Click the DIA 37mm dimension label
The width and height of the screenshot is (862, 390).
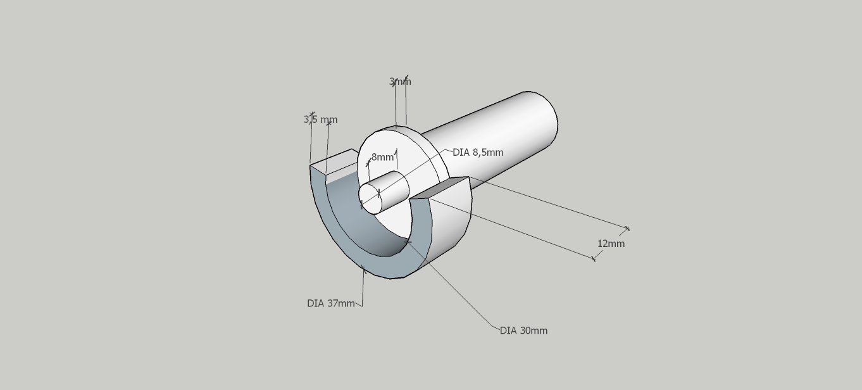tap(330, 303)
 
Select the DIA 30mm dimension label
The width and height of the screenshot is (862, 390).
tap(523, 330)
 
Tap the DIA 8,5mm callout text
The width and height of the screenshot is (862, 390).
tap(478, 153)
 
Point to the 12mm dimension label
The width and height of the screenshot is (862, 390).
tap(611, 244)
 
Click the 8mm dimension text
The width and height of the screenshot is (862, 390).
tap(382, 157)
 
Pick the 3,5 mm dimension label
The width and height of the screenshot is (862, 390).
tap(320, 120)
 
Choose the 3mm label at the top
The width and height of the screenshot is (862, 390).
tap(400, 82)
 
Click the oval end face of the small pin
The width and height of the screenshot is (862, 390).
tap(370, 199)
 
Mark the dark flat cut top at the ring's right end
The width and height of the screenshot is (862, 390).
tap(439, 187)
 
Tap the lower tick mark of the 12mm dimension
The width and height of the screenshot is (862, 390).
tap(594, 259)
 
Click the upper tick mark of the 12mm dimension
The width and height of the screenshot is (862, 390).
tap(627, 229)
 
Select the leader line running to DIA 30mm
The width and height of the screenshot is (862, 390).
tap(453, 286)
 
